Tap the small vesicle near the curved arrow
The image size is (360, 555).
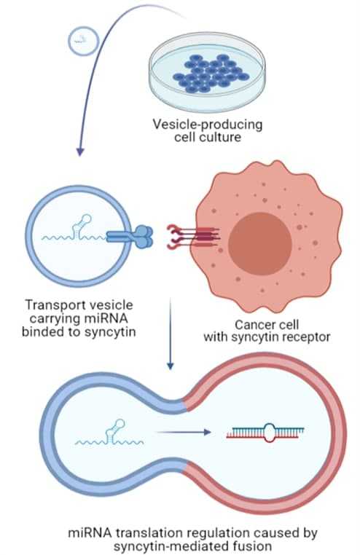pos(83,42)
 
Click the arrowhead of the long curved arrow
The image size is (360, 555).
pos(80,151)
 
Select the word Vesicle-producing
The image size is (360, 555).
pos(208,125)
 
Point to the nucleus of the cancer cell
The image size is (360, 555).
pos(260,243)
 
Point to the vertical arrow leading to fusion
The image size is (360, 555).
pos(171,334)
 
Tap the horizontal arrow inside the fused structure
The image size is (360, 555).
pos(184,432)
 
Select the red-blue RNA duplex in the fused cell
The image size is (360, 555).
pos(265,433)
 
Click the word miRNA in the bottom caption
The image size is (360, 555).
pos(90,532)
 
